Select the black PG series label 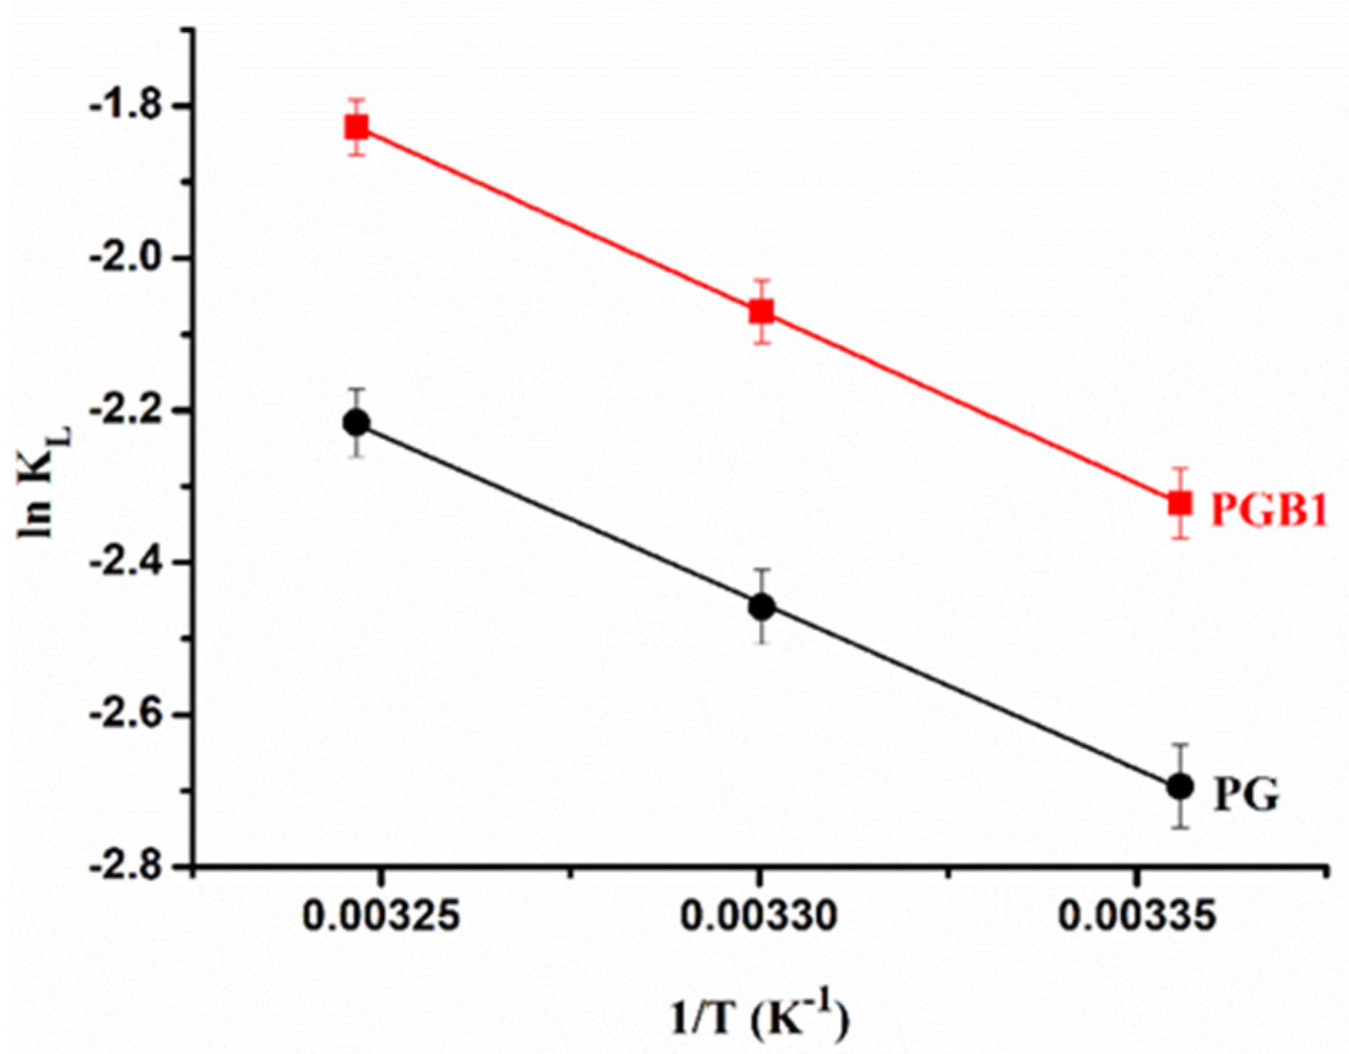[1246, 795]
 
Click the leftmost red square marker [357, 127]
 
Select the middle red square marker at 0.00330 [761, 312]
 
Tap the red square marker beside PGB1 [1180, 503]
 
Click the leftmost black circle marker [357, 423]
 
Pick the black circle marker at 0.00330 [761, 607]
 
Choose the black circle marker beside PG [1180, 787]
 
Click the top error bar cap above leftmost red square [357, 100]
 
